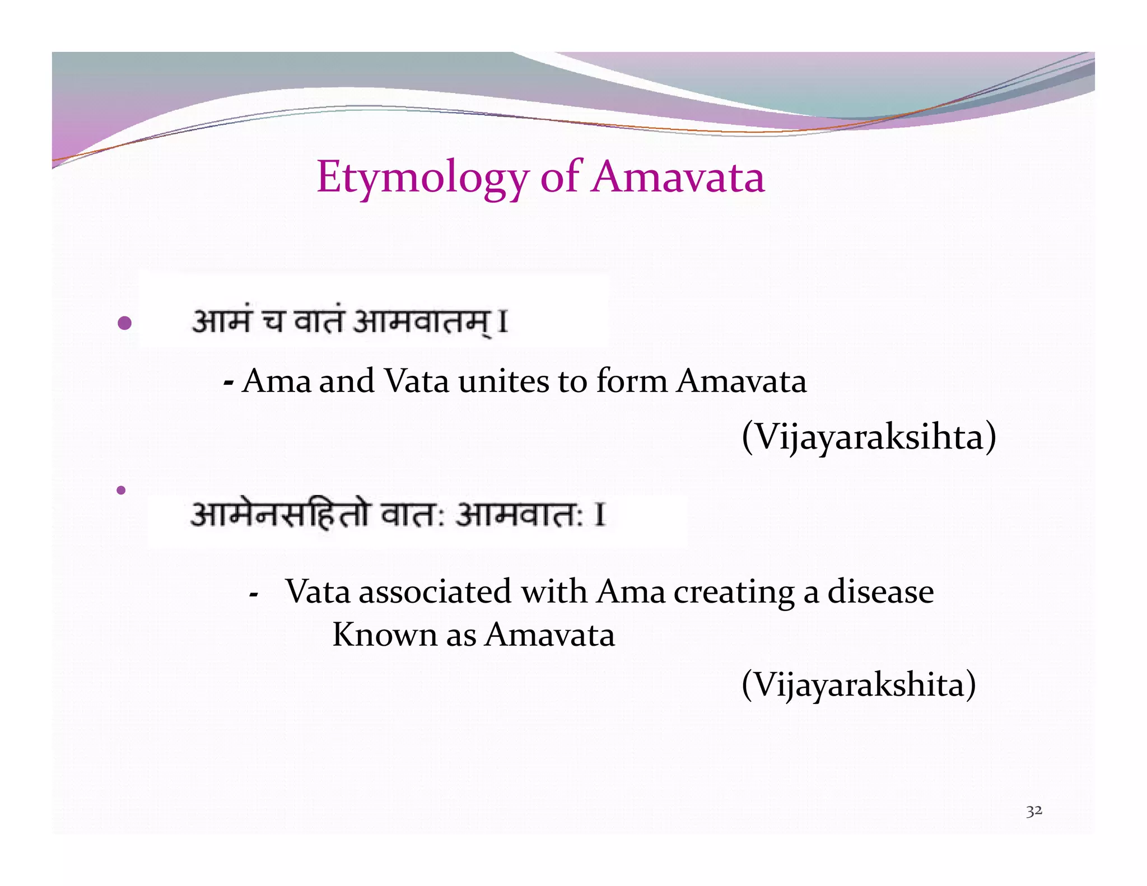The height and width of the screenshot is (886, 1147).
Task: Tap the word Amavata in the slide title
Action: [678, 177]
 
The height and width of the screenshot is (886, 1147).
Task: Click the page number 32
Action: [1034, 810]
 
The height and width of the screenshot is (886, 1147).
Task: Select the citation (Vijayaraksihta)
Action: [869, 437]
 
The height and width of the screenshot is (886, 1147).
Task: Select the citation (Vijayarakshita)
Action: [859, 684]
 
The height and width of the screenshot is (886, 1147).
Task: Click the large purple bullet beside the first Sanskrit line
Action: [125, 323]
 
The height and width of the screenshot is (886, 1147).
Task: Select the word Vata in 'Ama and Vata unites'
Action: [417, 382]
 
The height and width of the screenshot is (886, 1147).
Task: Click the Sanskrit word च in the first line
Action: [273, 322]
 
